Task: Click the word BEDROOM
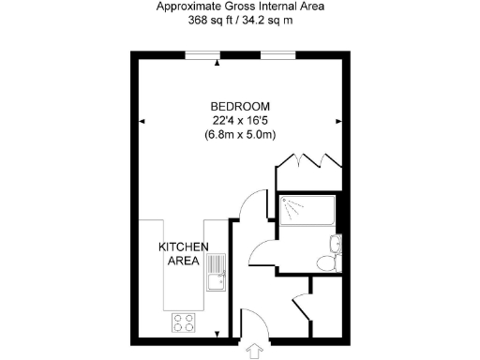[240, 105]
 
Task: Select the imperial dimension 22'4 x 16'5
[240, 119]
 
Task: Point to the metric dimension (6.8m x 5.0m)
[240, 134]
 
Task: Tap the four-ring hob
[183, 322]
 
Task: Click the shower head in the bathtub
[290, 205]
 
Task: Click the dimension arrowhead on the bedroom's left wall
[142, 121]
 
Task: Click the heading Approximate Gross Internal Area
[239, 6]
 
